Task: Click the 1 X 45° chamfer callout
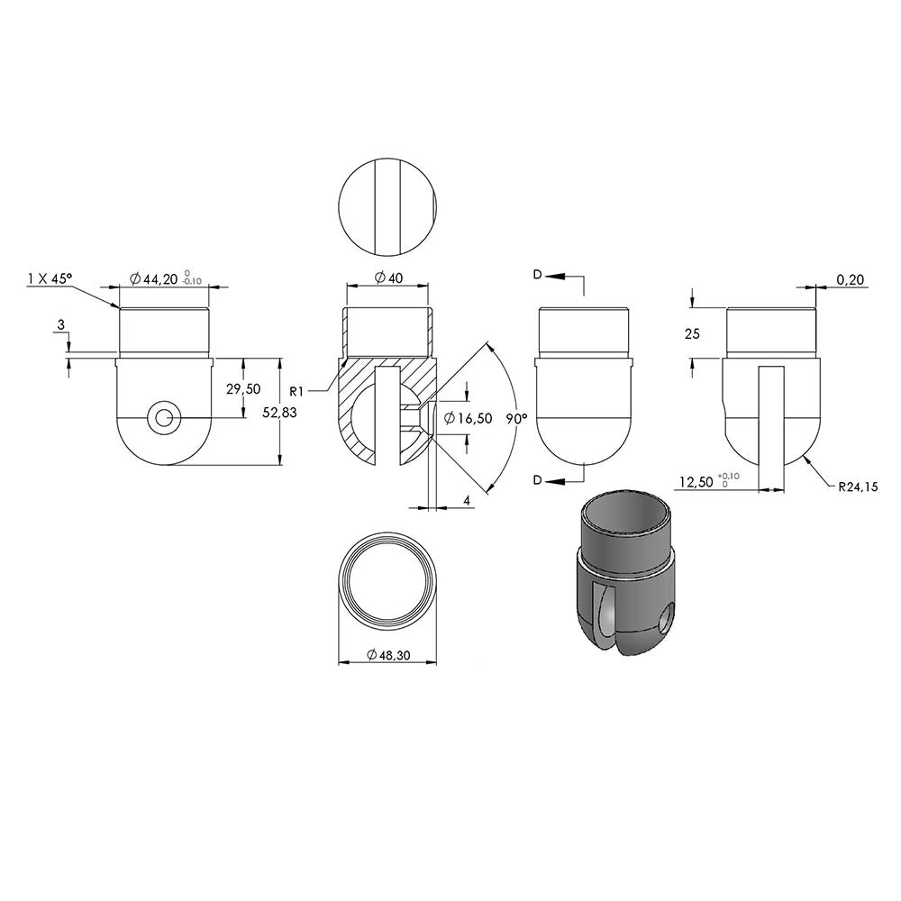pyautogui.click(x=50, y=278)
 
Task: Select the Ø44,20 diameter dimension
pyautogui.click(x=154, y=280)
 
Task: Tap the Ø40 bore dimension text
pyautogui.click(x=388, y=278)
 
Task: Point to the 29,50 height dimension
pyautogui.click(x=243, y=389)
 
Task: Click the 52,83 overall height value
pyautogui.click(x=279, y=412)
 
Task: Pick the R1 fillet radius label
pyautogui.click(x=296, y=392)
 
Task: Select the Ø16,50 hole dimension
pyautogui.click(x=469, y=418)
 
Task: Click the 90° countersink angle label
pyautogui.click(x=516, y=419)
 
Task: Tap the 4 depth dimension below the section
pyautogui.click(x=467, y=501)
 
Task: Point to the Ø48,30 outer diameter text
pyautogui.click(x=387, y=654)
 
